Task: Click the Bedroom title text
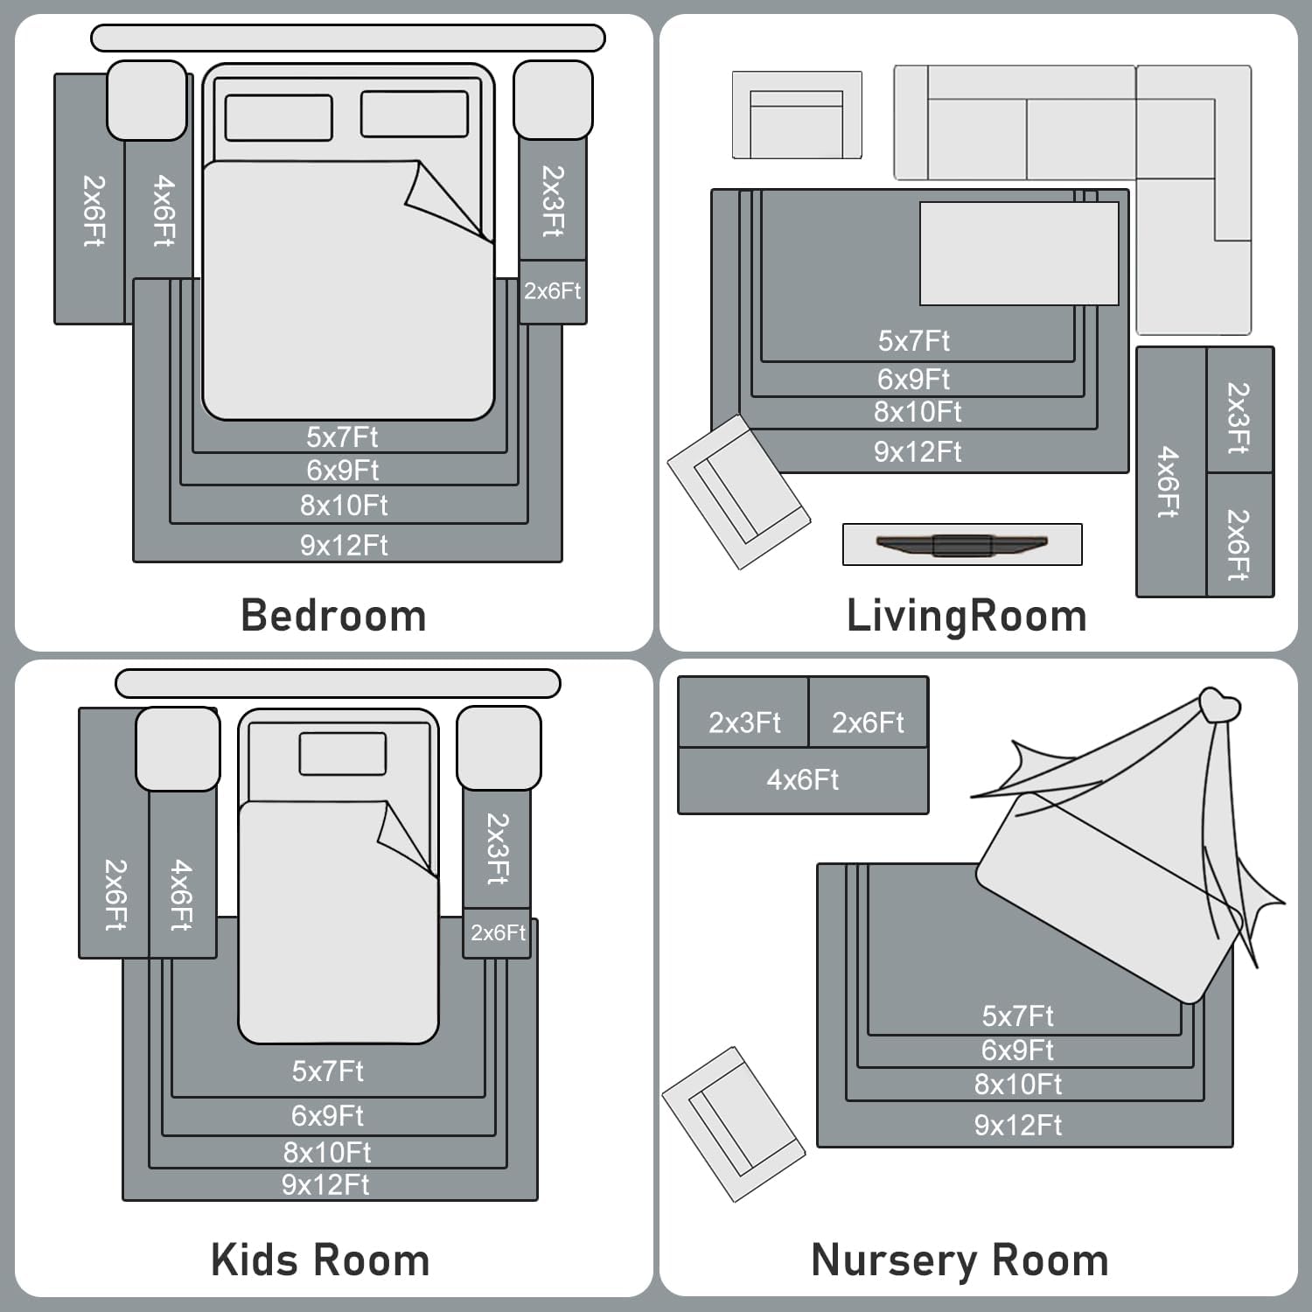point(333,616)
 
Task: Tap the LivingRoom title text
point(967,616)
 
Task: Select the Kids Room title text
point(320,1260)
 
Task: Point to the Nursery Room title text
point(960,1260)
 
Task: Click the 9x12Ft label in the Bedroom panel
point(344,546)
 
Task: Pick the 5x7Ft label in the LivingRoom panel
point(913,340)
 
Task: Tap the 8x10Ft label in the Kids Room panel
point(327,1152)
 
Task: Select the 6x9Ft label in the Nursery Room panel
point(1017,1050)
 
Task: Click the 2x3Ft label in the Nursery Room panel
point(744,722)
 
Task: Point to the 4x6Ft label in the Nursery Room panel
point(802,779)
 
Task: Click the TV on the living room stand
point(961,545)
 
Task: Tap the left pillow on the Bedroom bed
point(278,117)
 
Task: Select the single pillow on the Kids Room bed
point(342,753)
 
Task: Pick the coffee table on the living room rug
point(1019,254)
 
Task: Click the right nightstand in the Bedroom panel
point(553,100)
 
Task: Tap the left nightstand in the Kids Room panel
point(178,749)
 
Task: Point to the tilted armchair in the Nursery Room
point(732,1123)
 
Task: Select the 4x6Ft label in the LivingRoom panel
point(1169,482)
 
